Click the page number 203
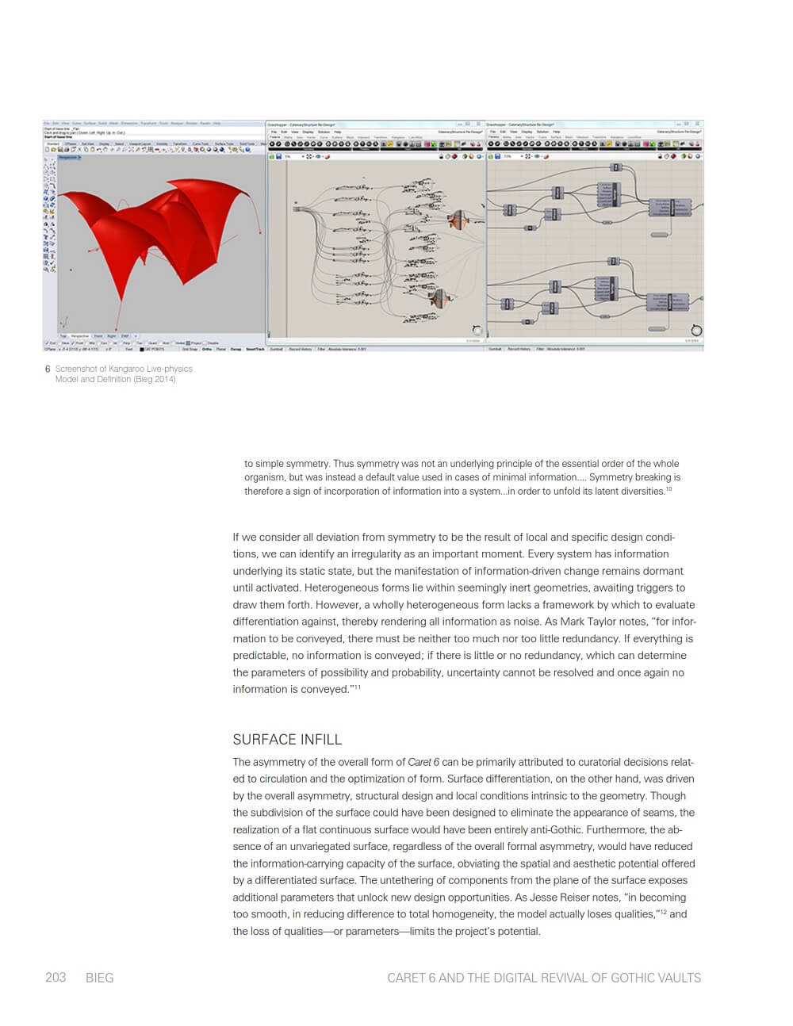pos(56,978)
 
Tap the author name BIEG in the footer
pos(100,978)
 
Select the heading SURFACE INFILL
pos(287,739)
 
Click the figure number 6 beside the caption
pos(48,369)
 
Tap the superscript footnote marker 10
pos(668,488)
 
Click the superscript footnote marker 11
pos(357,687)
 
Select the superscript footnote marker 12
pos(663,912)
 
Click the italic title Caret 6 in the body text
pos(423,762)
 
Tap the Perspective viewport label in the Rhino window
pos(69,157)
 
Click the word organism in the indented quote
pos(265,477)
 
